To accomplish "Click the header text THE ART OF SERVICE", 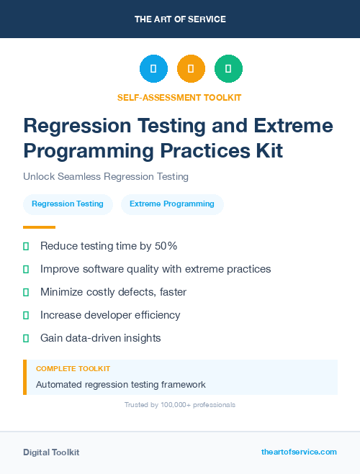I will click(180, 19).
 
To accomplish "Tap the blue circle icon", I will click(153, 69).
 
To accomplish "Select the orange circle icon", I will click(191, 69).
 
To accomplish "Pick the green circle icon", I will click(228, 69).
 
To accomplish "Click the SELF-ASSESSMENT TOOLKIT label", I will click(179, 97).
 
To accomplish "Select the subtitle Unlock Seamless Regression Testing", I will click(105, 176).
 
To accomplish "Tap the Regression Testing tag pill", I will click(68, 204).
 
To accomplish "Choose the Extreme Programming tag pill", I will click(172, 204).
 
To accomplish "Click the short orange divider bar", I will click(35, 227).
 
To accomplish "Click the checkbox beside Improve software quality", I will click(26, 269).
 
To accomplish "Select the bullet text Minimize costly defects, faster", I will click(113, 292).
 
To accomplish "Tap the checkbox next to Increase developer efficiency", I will click(26, 315).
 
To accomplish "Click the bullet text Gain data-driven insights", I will click(100, 338).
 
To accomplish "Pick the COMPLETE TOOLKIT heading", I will click(73, 368).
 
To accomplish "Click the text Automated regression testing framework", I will click(121, 385).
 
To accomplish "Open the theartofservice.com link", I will click(299, 452).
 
